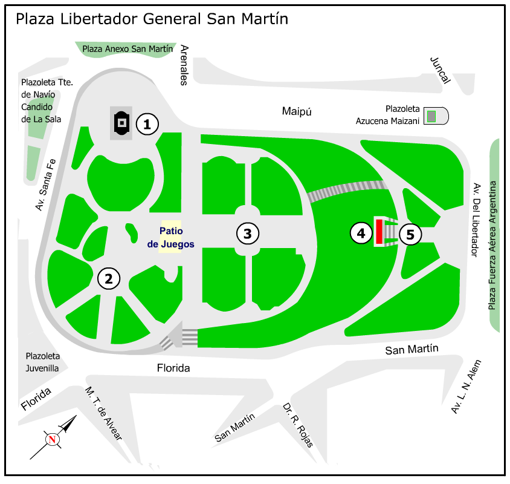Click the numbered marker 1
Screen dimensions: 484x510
[x=147, y=124]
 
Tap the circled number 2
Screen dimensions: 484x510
[x=109, y=278]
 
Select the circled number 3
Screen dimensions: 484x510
[x=248, y=233]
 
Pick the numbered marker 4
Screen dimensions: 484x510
[x=361, y=233]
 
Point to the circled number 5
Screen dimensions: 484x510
[x=410, y=234]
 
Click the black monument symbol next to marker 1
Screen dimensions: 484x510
[x=121, y=123]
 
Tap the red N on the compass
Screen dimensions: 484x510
[x=53, y=440]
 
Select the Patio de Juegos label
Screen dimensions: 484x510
[x=171, y=238]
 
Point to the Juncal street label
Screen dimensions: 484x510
[x=440, y=70]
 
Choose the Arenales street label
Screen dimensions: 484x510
[x=185, y=65]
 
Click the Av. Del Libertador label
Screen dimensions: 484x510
[x=476, y=220]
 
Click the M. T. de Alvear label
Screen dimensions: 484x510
[x=103, y=414]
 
